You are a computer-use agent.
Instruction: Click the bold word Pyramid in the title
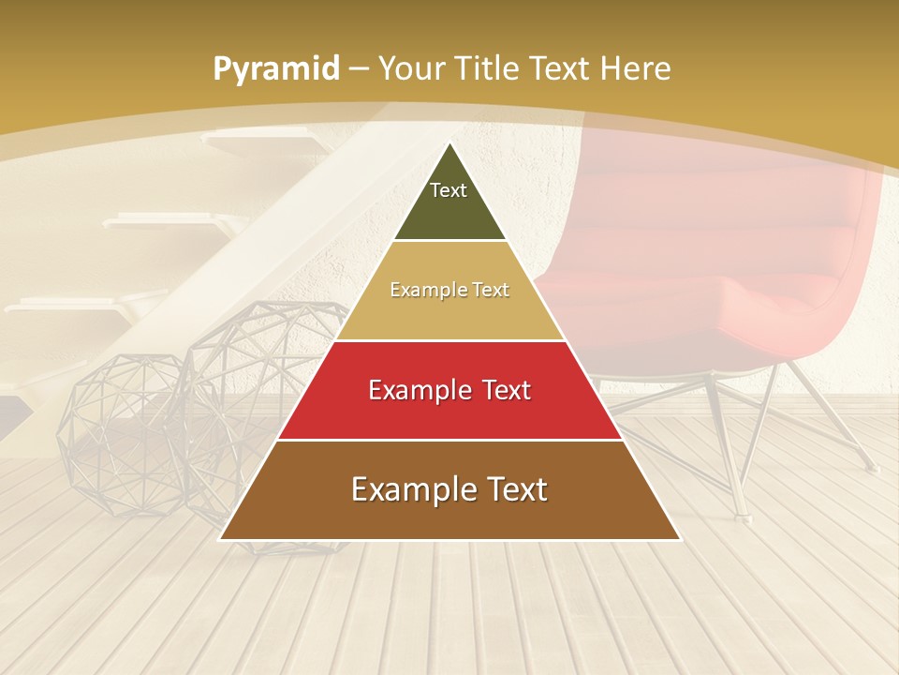[275, 69]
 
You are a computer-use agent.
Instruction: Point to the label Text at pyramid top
[449, 190]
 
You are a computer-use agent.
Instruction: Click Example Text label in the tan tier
[449, 290]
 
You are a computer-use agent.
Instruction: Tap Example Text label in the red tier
[449, 390]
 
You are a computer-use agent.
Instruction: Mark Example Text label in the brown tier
[449, 489]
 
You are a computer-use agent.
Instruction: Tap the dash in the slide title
[358, 69]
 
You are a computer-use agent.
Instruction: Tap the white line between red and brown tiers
[450, 440]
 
